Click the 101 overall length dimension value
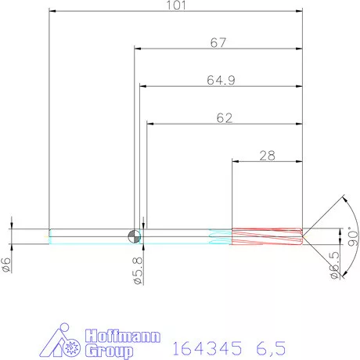[176, 5]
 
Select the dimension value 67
[218, 43]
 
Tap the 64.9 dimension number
[221, 81]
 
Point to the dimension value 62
[225, 118]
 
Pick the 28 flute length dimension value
[268, 156]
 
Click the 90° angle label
[353, 237]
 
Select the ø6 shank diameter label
[6, 265]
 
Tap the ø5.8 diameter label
[138, 271]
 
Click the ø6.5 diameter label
[335, 265]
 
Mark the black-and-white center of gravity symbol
[135, 236]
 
